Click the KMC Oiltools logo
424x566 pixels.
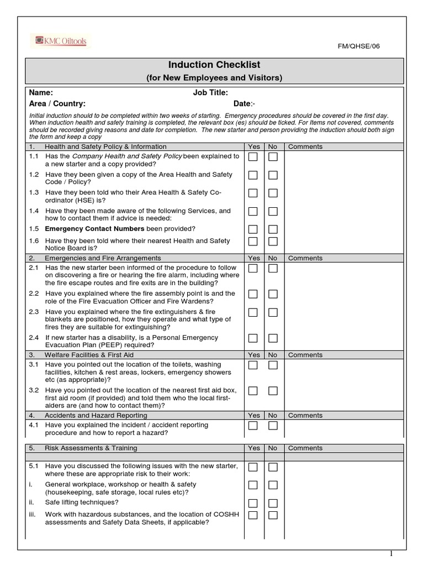[61, 41]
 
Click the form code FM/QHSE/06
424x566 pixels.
[359, 46]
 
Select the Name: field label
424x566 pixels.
[41, 93]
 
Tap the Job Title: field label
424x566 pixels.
[210, 93]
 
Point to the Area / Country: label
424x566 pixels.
[57, 104]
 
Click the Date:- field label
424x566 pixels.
[244, 104]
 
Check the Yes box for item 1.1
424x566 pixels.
[253, 157]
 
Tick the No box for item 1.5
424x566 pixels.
[273, 229]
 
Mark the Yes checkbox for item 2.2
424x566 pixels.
[253, 294]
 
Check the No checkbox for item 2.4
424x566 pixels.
[273, 338]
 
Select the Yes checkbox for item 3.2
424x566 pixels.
[253, 391]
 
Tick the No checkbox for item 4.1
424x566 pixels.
[273, 426]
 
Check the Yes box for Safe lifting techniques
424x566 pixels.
[253, 503]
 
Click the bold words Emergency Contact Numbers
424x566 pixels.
[94, 229]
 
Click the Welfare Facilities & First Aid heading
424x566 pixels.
[89, 355]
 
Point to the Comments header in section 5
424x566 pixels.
[305, 448]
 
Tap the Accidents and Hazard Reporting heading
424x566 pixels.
[96, 415]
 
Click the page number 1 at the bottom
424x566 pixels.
[391, 554]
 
